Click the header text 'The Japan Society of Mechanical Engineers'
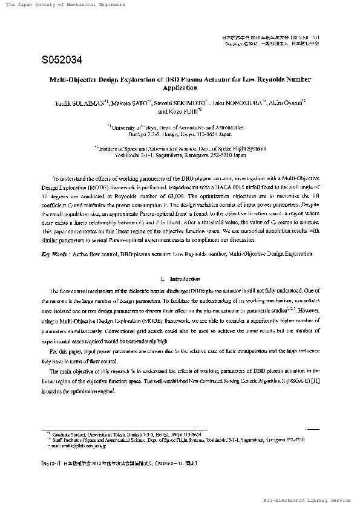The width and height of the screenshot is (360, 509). click(x=65, y=5)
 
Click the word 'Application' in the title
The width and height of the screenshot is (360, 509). click(x=180, y=88)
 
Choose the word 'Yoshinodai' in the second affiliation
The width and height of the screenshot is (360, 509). click(x=129, y=154)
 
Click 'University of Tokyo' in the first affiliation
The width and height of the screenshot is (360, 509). click(x=134, y=128)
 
